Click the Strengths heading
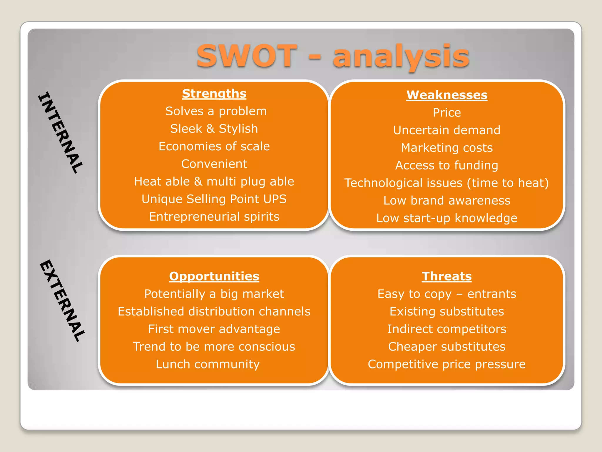click(214, 94)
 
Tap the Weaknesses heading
click(447, 95)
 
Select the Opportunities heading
click(214, 276)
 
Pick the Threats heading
click(447, 276)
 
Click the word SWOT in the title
click(247, 56)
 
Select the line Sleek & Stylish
click(214, 129)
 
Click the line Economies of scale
click(214, 146)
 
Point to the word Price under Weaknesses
click(447, 113)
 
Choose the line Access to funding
click(447, 165)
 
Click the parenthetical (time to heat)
click(508, 183)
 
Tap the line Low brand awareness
click(447, 201)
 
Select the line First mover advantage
click(214, 329)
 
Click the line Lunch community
click(208, 364)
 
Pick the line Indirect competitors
click(447, 329)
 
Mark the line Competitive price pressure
click(447, 364)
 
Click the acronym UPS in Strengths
click(275, 199)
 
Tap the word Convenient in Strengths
click(214, 164)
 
